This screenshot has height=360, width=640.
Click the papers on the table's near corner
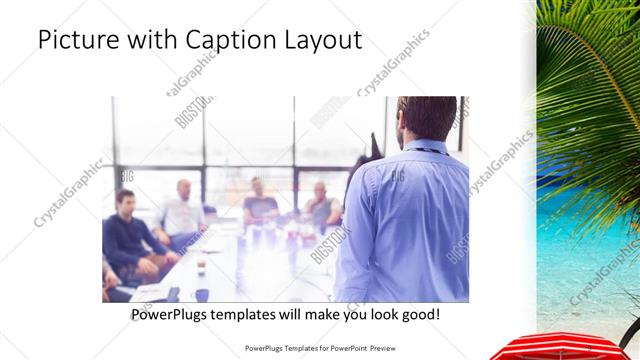pyautogui.click(x=150, y=292)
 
